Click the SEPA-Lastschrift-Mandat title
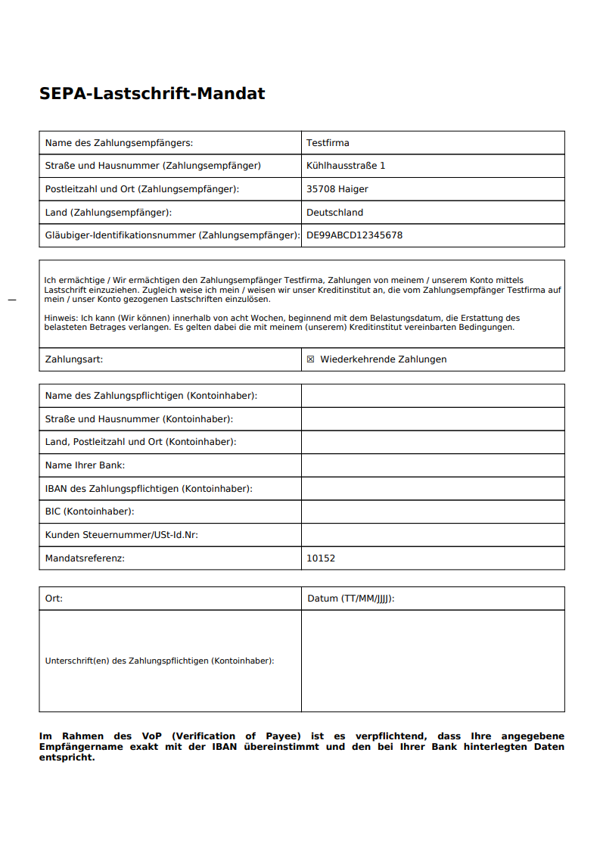(x=152, y=94)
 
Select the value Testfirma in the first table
(x=328, y=143)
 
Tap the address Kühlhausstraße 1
(x=346, y=166)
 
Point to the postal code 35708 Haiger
(x=337, y=189)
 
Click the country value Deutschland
(x=334, y=213)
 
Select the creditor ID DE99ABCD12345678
(x=354, y=235)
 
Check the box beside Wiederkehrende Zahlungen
(x=310, y=359)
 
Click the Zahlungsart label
(x=74, y=359)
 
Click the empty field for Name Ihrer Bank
(x=433, y=465)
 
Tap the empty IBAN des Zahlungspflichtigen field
(x=433, y=489)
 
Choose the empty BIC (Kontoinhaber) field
(x=433, y=512)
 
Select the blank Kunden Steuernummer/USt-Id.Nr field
(x=433, y=535)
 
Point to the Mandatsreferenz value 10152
(x=321, y=558)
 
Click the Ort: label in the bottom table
(x=54, y=599)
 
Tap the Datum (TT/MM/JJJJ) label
(x=351, y=599)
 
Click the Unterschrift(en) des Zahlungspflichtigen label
(x=160, y=661)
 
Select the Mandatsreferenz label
(x=85, y=558)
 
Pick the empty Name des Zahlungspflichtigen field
(x=433, y=396)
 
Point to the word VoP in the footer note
(x=147, y=736)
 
